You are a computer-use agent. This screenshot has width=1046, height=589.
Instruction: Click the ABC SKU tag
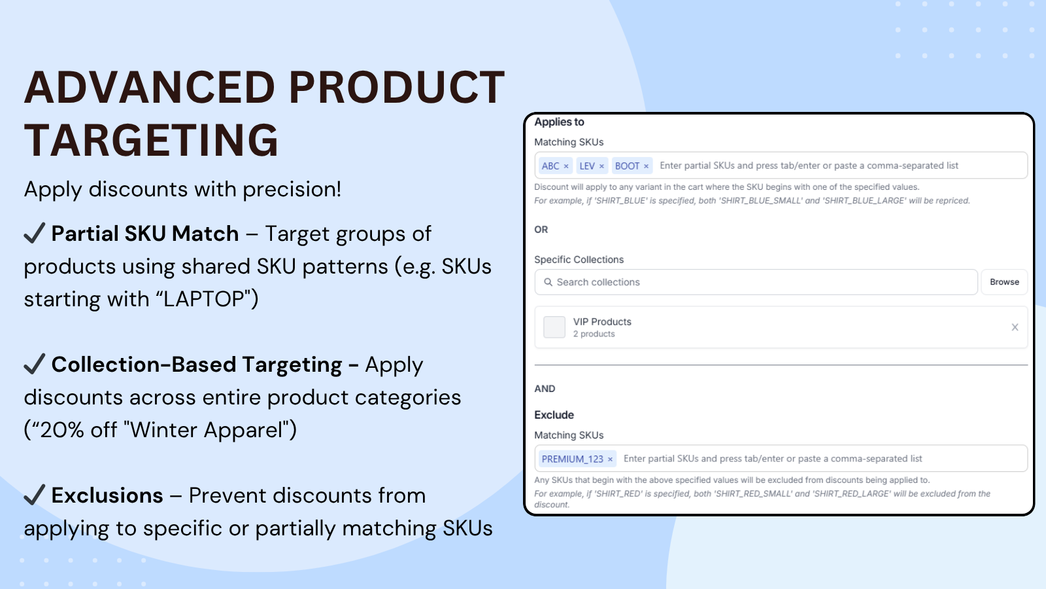[554, 166]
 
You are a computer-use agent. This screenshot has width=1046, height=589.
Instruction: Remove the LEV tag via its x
[601, 166]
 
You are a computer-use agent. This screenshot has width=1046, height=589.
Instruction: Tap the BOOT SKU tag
[632, 166]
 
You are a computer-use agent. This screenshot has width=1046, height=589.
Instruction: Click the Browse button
[1004, 282]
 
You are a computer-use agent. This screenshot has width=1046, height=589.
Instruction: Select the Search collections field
[756, 282]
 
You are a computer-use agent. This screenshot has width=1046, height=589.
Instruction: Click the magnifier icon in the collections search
[548, 282]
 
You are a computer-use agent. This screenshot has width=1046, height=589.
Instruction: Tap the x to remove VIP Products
[1015, 327]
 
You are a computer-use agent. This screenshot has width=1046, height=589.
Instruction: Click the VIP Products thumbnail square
[554, 327]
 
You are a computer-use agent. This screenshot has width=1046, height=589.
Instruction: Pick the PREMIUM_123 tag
[577, 459]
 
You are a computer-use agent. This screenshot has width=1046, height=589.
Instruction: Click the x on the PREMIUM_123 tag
[610, 459]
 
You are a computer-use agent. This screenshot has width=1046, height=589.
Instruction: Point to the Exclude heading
[554, 415]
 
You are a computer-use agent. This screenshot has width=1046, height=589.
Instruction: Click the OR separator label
[541, 230]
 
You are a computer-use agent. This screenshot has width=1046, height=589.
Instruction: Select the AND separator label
[545, 389]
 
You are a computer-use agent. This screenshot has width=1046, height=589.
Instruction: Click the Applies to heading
[559, 122]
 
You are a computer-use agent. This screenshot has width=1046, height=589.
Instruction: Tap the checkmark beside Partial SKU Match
[35, 233]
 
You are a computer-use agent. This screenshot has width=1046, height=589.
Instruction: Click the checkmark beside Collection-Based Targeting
[35, 364]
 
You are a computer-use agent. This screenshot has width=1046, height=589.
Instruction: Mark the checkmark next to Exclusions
[35, 495]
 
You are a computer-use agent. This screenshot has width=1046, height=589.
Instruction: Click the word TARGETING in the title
[151, 140]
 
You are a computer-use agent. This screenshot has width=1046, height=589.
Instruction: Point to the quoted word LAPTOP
[205, 299]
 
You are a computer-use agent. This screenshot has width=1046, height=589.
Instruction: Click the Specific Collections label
[579, 259]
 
